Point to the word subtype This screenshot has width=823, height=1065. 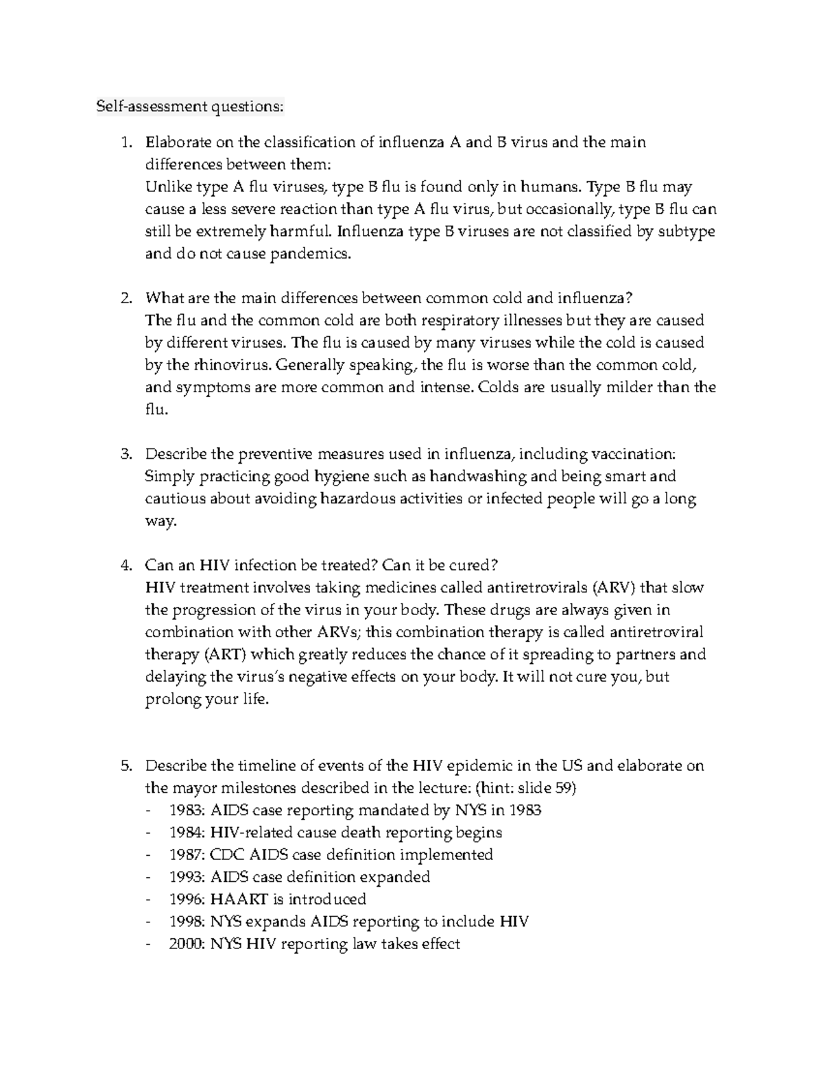[x=687, y=231]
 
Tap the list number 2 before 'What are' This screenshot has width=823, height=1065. [x=125, y=298]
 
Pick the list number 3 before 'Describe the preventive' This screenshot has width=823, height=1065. [x=125, y=454]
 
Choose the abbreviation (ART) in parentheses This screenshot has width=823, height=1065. [x=224, y=654]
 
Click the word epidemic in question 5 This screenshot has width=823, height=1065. [x=471, y=766]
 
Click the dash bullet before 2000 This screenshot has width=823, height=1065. [x=149, y=944]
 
